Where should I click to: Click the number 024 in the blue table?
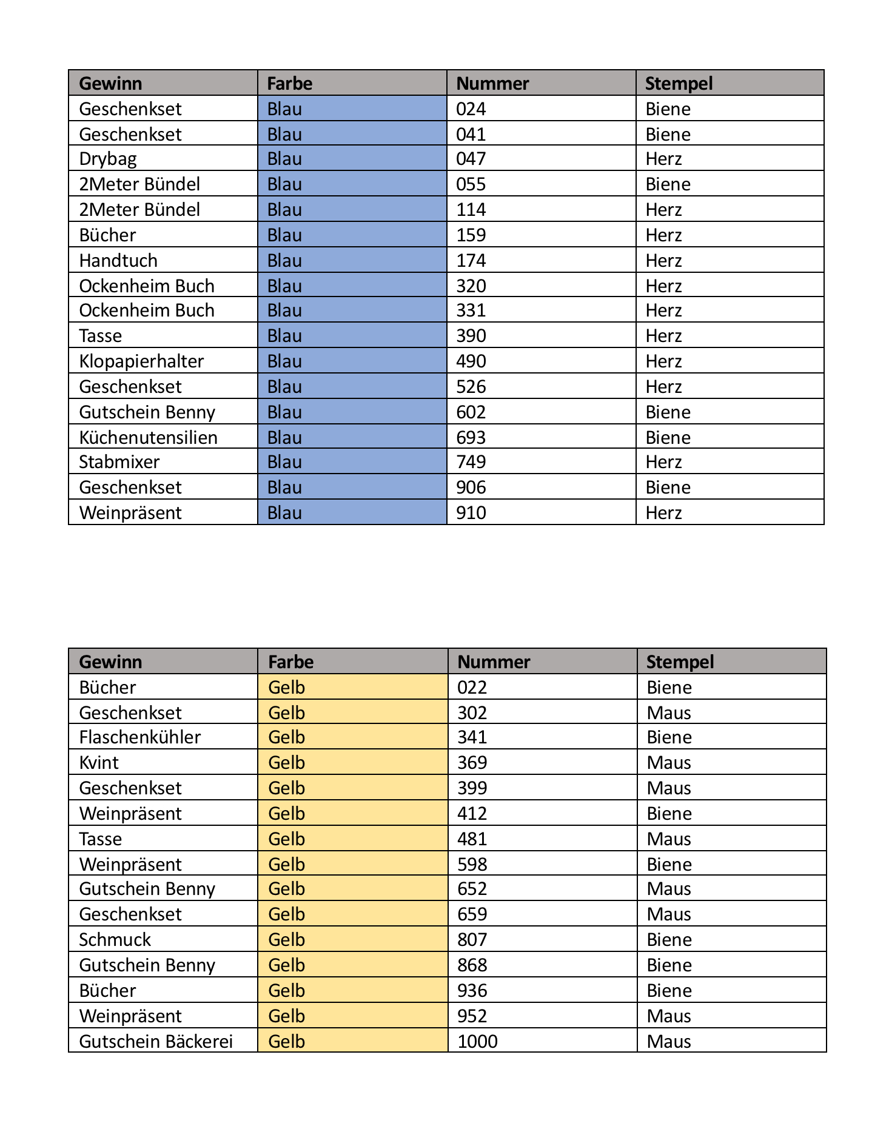point(471,109)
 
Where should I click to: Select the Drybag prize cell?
point(108,159)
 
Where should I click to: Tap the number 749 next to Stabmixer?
point(471,462)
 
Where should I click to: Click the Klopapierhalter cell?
point(141,361)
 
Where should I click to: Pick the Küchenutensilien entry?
point(148,438)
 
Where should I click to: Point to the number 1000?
point(477,1042)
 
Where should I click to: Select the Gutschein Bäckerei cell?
point(156,1042)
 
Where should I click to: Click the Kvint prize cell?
point(99,763)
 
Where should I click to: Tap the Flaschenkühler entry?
point(139,737)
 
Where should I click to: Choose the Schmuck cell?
point(115,940)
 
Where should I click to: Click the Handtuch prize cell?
point(118,261)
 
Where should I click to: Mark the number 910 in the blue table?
point(471,513)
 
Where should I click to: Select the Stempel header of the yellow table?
point(680,662)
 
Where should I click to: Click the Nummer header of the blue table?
point(492,83)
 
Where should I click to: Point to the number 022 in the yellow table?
point(472,688)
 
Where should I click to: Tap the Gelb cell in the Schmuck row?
point(286,940)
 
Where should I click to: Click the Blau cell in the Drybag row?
point(284,159)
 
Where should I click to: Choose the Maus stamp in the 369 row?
point(669,763)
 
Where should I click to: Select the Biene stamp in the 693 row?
point(668,438)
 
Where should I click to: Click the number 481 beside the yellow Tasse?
point(472,839)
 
